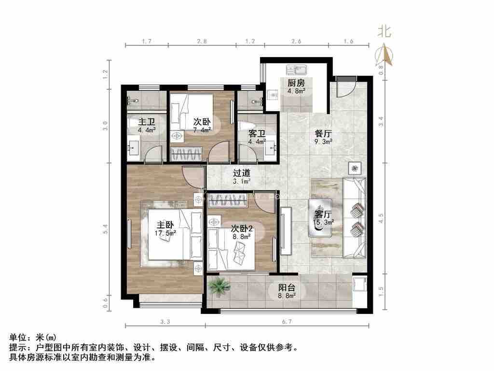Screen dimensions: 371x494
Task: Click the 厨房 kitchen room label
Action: (296, 82)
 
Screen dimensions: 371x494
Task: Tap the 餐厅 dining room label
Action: (323, 133)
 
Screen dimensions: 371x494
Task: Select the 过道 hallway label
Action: (242, 172)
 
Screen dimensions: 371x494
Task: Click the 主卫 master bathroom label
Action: (146, 122)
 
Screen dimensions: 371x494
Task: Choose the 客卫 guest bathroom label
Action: (256, 133)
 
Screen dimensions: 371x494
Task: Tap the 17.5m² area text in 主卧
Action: (165, 233)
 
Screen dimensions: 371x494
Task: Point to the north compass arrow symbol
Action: (384, 56)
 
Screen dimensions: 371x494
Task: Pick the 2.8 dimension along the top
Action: (202, 42)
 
